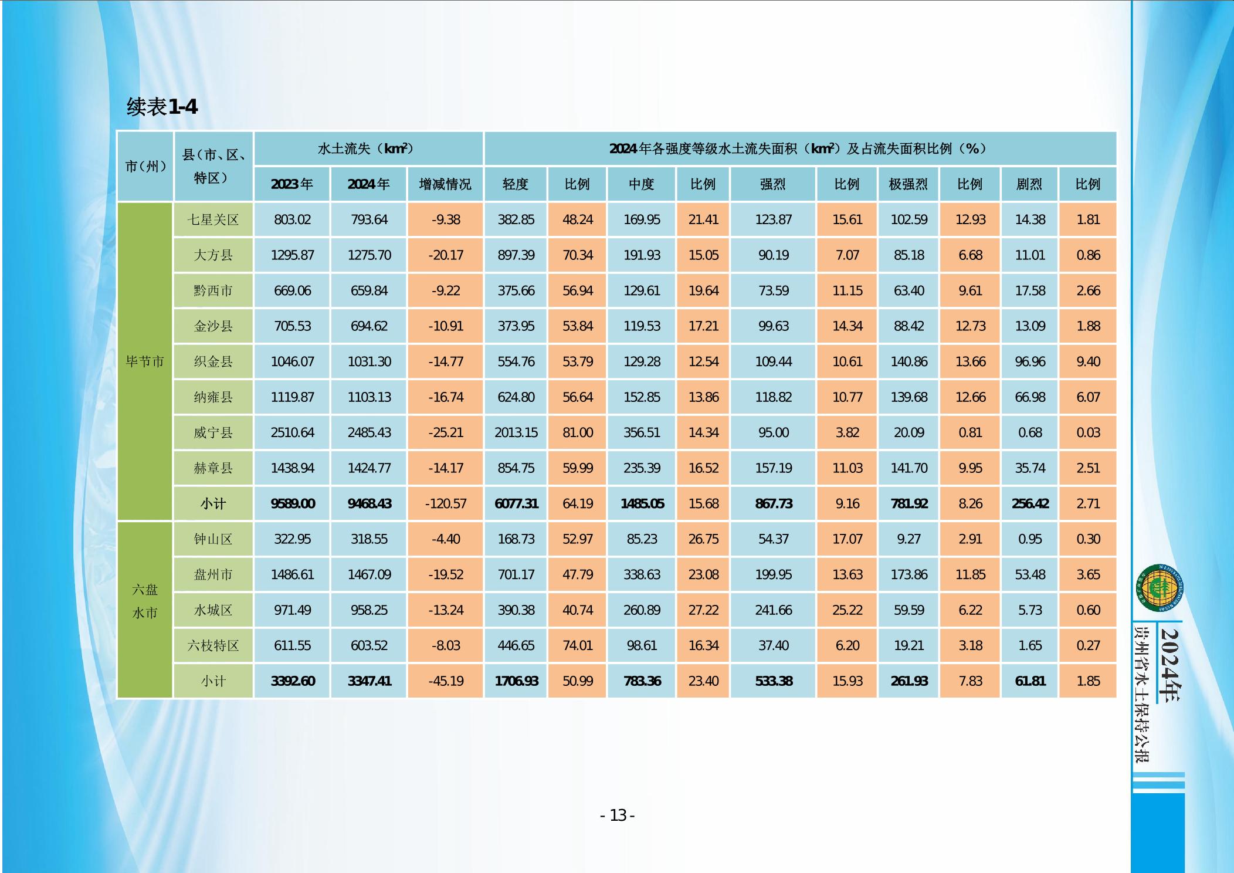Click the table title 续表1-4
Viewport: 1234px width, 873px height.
coord(162,107)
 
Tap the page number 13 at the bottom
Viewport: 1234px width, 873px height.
coord(618,815)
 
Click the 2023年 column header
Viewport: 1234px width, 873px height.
coord(291,184)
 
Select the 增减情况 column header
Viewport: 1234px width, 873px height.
coord(445,184)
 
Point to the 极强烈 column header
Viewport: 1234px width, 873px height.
coord(908,184)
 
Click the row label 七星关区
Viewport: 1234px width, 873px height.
coord(213,220)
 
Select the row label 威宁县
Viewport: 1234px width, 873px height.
coord(213,433)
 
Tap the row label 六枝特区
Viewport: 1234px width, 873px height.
coord(213,646)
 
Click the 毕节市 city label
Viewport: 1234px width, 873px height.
coord(144,361)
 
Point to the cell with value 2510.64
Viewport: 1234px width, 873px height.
coord(292,433)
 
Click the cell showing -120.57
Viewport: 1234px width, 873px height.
coord(445,504)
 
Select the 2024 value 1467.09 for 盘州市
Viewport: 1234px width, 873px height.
coord(369,575)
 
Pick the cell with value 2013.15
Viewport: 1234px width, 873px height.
coord(516,433)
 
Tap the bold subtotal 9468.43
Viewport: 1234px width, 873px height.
coord(369,504)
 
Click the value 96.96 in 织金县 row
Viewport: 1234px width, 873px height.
coord(1030,362)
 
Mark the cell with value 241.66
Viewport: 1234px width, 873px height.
coord(773,610)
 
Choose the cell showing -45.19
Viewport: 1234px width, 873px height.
coord(445,681)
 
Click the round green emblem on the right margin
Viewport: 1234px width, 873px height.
coord(1159,587)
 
